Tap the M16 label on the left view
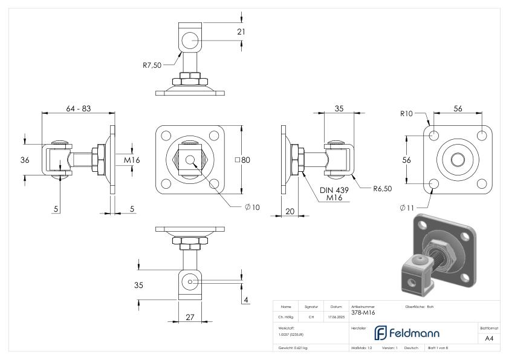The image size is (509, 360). pos(132,160)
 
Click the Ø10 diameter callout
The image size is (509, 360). pos(252,208)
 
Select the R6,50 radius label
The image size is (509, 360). pos(382,189)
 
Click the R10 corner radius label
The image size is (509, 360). pos(407,113)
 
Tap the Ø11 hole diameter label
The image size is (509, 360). pos(407,208)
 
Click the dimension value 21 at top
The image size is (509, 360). pos(241,31)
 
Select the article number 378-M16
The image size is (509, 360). pos(363,313)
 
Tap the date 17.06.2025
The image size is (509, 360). pos(336,316)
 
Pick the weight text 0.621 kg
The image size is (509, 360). pos(293,349)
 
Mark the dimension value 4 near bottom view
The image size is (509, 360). pos(246,299)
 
